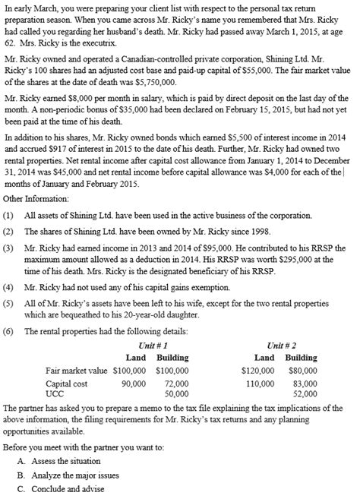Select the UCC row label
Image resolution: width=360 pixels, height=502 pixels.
(55, 393)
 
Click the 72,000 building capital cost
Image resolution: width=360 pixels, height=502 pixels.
(176, 384)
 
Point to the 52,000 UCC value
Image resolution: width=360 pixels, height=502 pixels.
(305, 393)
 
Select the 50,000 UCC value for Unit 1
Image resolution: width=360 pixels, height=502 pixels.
(176, 393)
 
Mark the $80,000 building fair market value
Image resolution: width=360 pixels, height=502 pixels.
(303, 371)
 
